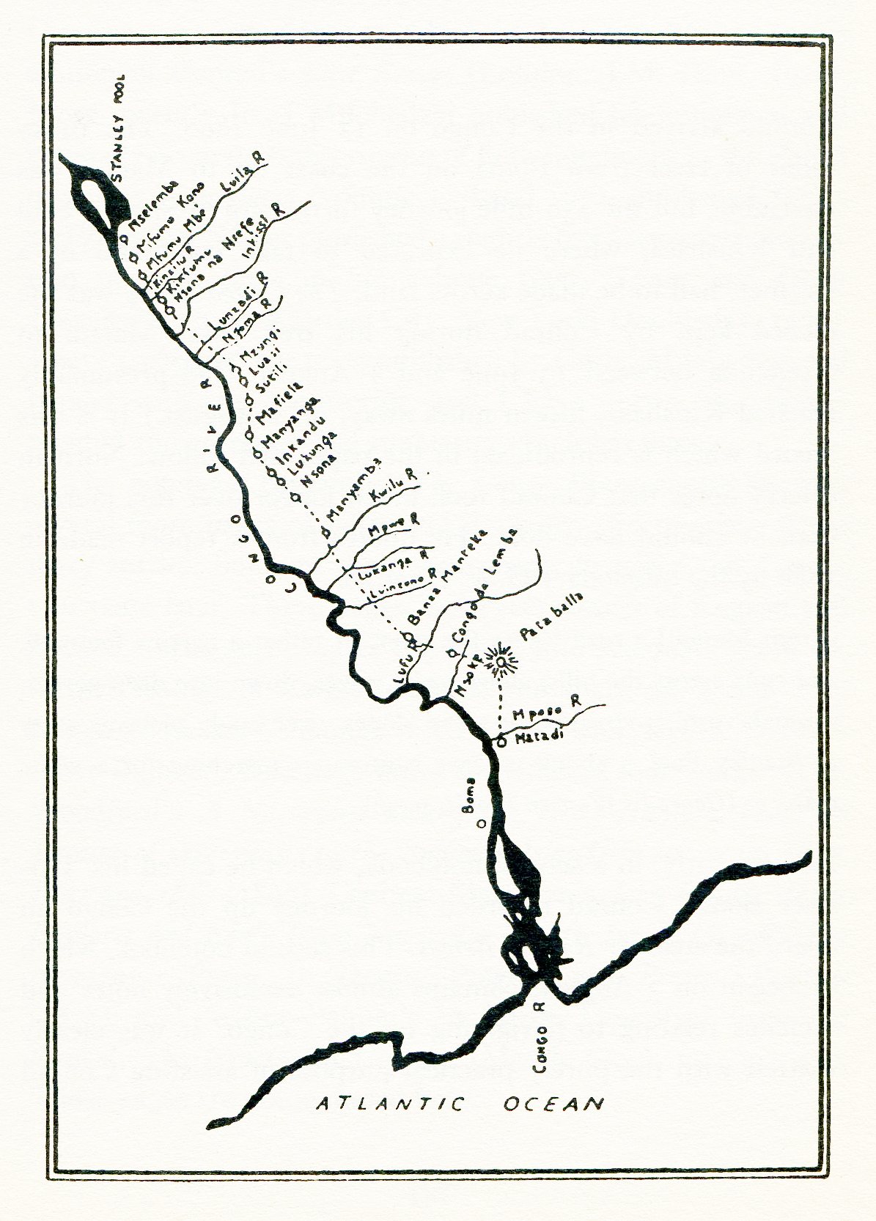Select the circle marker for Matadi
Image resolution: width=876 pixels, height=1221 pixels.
coord(501,742)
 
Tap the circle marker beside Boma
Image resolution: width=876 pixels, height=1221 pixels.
coord(482,823)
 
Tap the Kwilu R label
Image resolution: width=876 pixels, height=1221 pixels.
coord(393,487)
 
